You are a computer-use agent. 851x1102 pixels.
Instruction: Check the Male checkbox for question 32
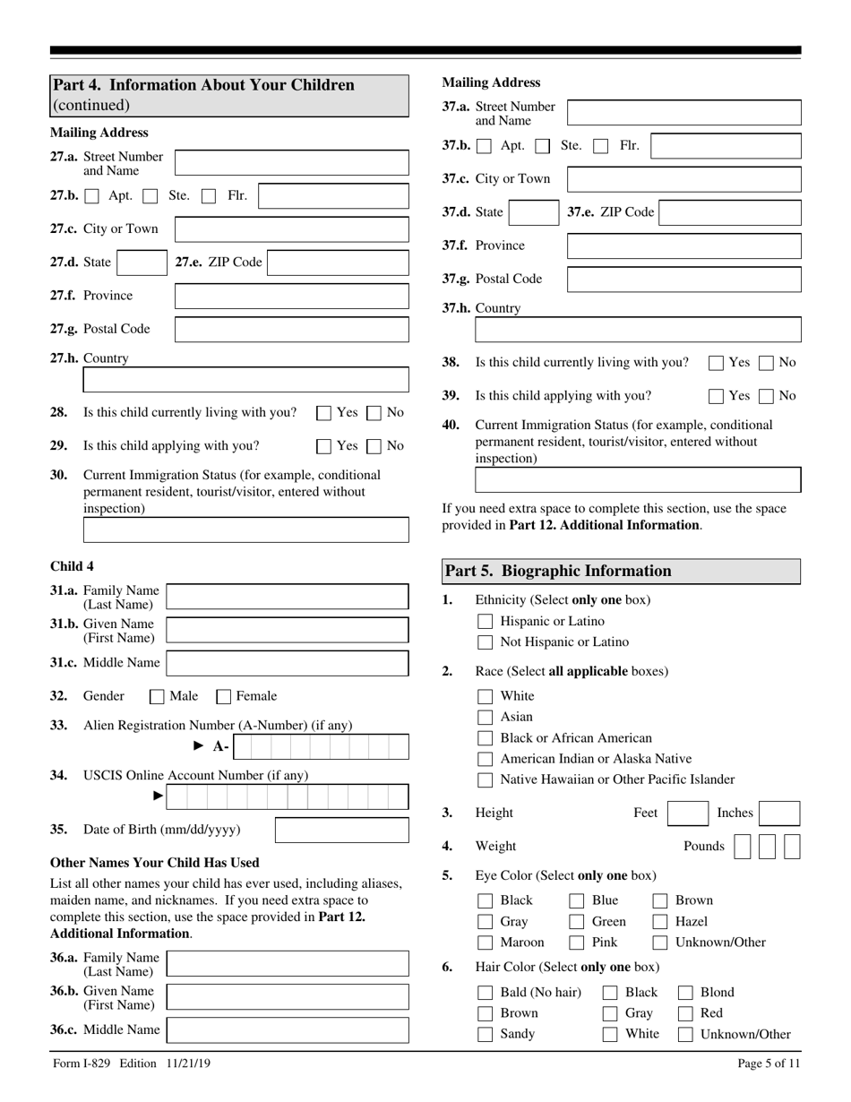[157, 696]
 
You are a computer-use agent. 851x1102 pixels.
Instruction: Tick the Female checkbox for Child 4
[224, 696]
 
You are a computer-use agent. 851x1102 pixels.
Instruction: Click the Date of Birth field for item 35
[341, 830]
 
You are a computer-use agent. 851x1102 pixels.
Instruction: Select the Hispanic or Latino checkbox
[486, 621]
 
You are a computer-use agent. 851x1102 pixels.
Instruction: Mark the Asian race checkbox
[486, 717]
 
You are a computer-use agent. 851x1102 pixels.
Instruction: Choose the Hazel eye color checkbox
[660, 921]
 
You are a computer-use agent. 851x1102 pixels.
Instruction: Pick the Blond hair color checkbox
[685, 992]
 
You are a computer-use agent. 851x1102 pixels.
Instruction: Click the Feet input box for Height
[689, 814]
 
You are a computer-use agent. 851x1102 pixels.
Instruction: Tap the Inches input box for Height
[779, 814]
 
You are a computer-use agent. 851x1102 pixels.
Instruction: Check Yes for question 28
[324, 413]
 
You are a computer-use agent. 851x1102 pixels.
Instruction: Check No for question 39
[767, 395]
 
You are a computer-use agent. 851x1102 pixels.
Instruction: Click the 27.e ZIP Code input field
[338, 263]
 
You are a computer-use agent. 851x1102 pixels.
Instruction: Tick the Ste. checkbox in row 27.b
[151, 195]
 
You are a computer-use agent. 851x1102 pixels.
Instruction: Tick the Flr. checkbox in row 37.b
[601, 145]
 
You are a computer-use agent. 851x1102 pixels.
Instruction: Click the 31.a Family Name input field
[288, 597]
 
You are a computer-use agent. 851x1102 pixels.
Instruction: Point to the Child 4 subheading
[73, 565]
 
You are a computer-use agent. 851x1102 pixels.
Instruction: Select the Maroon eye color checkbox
[486, 943]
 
